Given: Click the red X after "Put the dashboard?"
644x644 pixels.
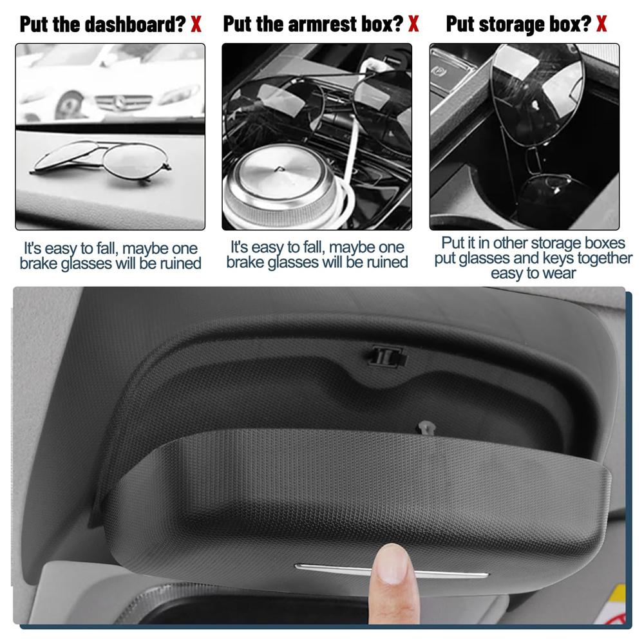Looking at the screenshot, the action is tap(196, 24).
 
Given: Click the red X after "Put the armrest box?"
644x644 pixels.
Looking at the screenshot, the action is tap(413, 24).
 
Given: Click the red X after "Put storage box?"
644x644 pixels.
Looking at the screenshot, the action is tap(601, 24).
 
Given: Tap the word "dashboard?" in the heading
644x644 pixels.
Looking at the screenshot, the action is tap(135, 24).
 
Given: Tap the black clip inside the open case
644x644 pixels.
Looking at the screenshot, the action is tap(388, 356).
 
